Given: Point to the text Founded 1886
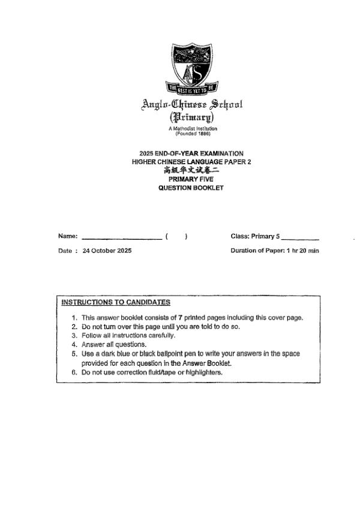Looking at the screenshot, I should click(192, 133).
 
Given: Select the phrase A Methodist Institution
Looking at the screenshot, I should click(192, 128).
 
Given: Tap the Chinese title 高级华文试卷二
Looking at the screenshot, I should click(191, 170).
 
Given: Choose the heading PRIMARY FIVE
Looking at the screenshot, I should click(191, 179).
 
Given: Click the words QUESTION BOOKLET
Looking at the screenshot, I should click(191, 188).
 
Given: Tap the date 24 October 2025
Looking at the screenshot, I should click(107, 251).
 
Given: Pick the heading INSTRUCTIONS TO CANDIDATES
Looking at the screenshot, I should click(116, 302).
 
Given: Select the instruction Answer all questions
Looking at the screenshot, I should click(114, 345).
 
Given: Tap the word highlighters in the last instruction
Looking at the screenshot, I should click(204, 372).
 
